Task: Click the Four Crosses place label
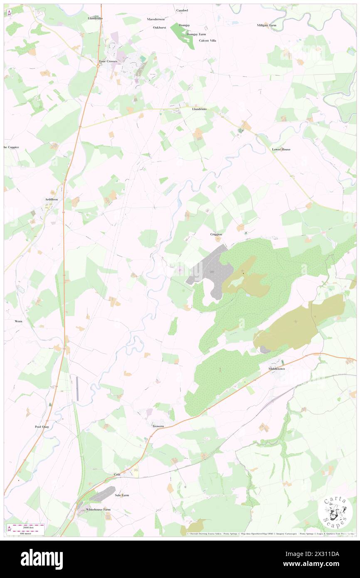click(108, 61)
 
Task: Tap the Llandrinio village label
click(199, 109)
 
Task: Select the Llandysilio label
click(95, 19)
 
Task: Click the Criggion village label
click(216, 235)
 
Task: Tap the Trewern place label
click(158, 426)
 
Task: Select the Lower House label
click(281, 149)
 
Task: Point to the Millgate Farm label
click(266, 25)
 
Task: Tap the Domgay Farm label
click(196, 34)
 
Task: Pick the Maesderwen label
click(156, 19)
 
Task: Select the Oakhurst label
click(159, 27)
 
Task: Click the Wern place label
click(19, 321)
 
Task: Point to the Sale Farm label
click(122, 495)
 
